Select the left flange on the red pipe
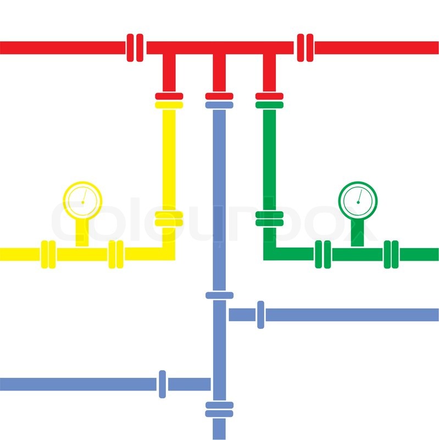(135, 48)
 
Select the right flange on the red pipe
(305, 48)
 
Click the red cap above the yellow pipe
(169, 96)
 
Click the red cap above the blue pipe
(219, 96)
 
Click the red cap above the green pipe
(269, 96)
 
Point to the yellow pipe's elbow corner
(169, 254)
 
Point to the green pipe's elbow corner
(270, 254)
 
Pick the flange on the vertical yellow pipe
(169, 219)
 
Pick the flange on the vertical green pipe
(270, 219)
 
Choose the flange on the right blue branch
(260, 315)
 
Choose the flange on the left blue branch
(162, 384)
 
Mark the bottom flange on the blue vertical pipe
(219, 410)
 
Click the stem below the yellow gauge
(82, 233)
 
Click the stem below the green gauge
(358, 233)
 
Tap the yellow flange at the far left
(48, 254)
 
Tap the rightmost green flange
(391, 254)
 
